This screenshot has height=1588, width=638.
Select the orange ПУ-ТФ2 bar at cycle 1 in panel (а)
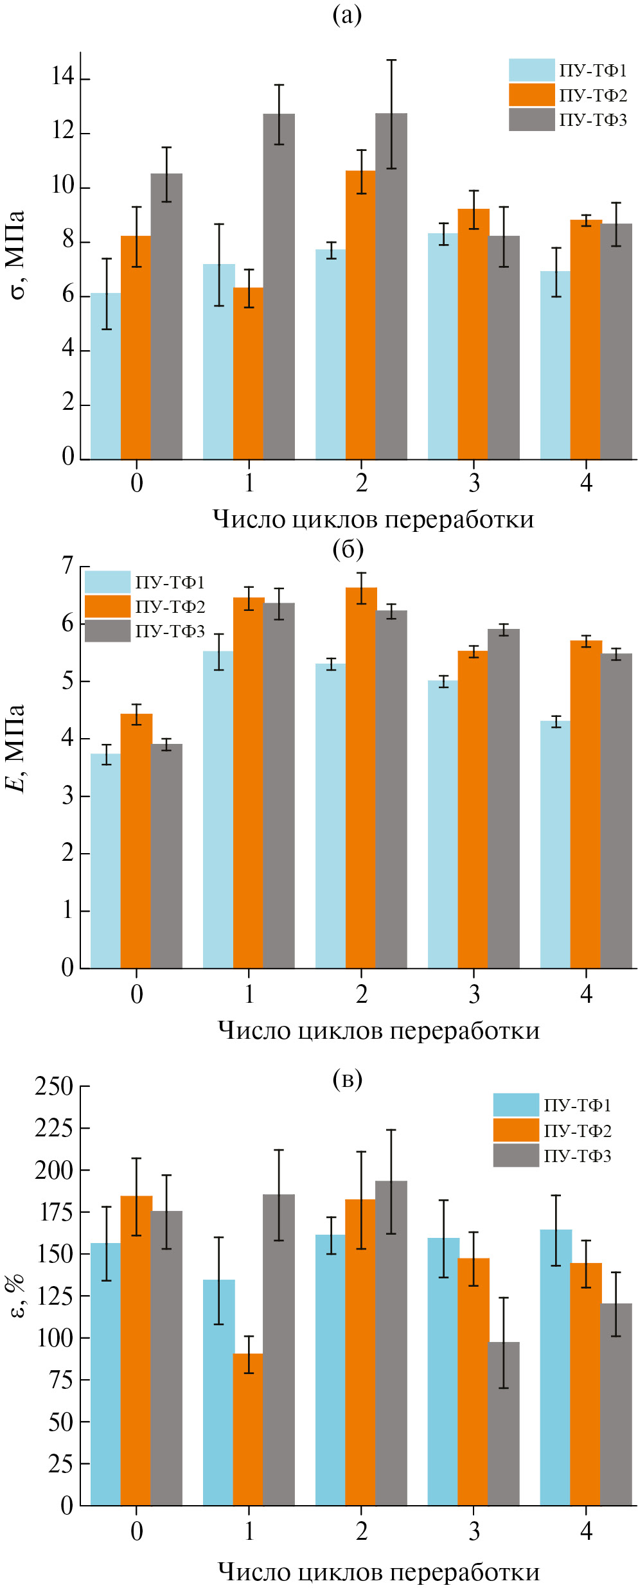pos(248,373)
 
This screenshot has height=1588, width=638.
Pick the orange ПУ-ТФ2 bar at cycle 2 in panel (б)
pos(361,777)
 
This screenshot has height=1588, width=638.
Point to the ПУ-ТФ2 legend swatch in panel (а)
pos(531,95)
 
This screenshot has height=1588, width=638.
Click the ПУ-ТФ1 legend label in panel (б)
pos(170,583)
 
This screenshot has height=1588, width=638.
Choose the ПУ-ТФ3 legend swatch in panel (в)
pos(516,1156)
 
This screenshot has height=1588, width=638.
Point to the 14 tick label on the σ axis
pos(63,78)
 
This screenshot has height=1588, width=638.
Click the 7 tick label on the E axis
pos(67,566)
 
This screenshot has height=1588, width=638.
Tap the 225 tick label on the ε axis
pos(54,1128)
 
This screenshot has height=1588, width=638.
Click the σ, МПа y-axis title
pos(17,255)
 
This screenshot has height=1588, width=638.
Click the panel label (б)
pos(348,549)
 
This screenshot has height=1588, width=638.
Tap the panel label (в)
pos(348,1079)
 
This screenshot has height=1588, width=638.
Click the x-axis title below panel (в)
pos(378,1571)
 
